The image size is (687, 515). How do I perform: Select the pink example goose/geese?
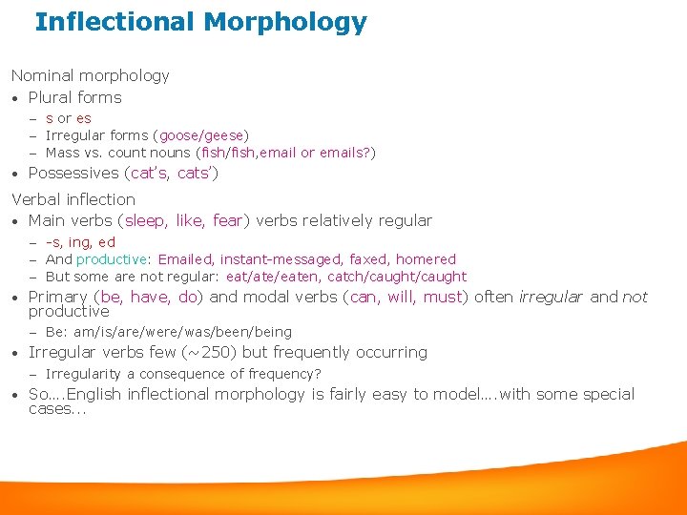(x=201, y=135)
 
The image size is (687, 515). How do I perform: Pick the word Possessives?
(x=73, y=173)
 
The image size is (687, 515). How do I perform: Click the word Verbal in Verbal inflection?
(x=36, y=199)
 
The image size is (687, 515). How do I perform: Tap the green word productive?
(x=112, y=259)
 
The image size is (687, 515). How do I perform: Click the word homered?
(x=426, y=259)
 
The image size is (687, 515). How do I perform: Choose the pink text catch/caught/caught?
(x=397, y=277)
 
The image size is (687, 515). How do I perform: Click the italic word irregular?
(x=550, y=297)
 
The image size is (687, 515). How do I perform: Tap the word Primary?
(x=58, y=297)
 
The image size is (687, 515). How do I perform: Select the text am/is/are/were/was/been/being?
(x=182, y=332)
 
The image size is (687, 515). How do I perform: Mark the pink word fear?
(x=227, y=221)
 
